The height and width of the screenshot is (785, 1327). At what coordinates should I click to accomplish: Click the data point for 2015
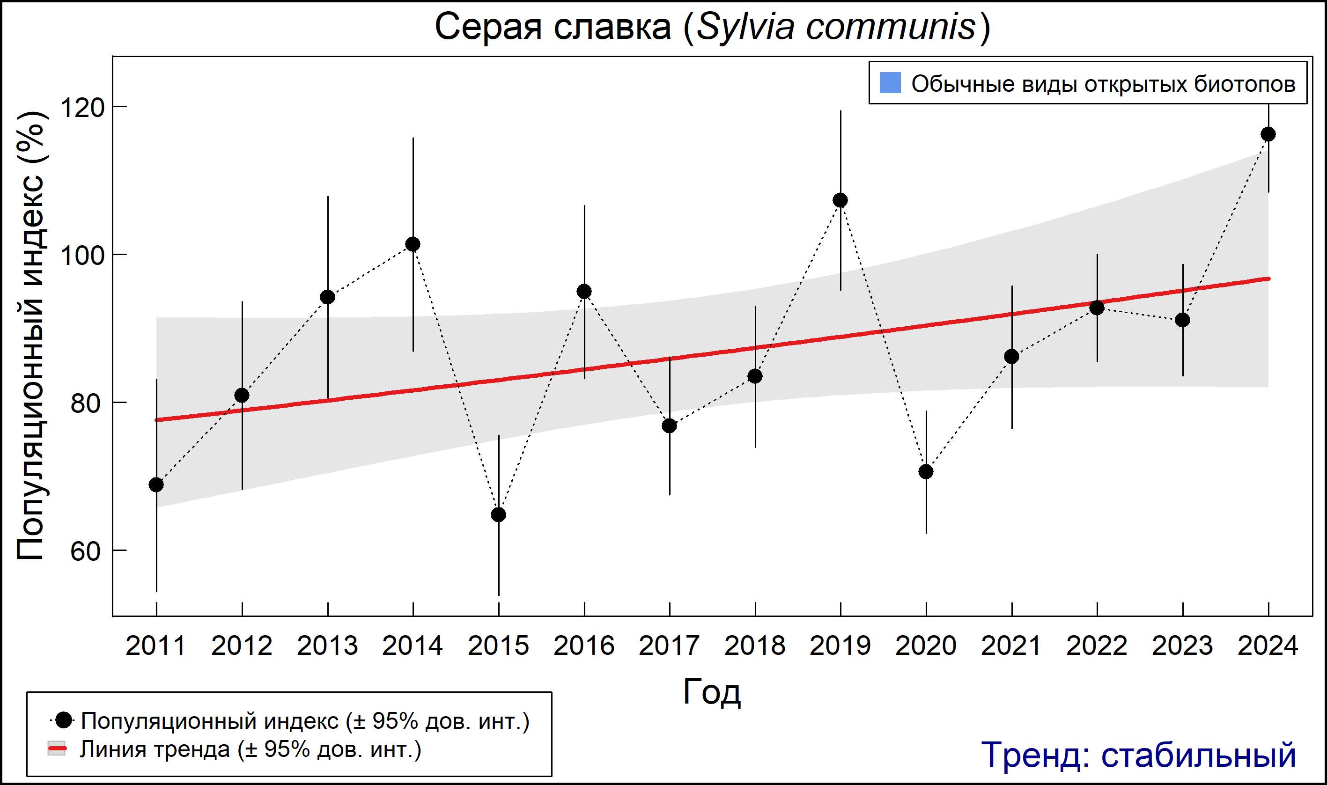point(498,515)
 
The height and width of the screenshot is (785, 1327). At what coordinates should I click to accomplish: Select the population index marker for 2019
point(840,200)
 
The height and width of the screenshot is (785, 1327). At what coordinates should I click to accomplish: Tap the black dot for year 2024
point(1268,134)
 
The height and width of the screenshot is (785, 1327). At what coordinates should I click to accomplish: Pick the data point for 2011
point(156,484)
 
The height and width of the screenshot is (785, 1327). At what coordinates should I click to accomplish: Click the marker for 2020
point(926,471)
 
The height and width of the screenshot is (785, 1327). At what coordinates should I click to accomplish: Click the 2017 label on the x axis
point(669,646)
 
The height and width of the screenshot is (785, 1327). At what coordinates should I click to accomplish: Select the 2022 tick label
point(1097,646)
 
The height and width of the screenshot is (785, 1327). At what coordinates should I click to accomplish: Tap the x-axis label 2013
point(327,646)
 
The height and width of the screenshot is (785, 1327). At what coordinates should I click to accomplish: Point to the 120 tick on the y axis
point(82,107)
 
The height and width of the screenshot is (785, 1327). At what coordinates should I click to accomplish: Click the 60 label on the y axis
point(85,551)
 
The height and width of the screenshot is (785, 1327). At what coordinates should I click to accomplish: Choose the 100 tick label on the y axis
point(82,256)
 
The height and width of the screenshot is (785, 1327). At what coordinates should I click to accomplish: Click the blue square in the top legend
point(891,83)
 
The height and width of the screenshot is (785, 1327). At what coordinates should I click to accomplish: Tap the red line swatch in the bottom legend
point(57,749)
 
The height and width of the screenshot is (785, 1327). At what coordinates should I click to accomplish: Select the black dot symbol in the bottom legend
point(64,720)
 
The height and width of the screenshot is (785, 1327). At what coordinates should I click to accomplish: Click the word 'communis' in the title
point(891,27)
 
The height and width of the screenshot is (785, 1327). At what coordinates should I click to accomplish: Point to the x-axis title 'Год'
point(712,692)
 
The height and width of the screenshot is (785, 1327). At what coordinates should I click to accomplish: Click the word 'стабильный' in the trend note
point(1198,755)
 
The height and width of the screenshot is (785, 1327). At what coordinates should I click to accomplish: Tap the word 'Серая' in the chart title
point(488,27)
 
